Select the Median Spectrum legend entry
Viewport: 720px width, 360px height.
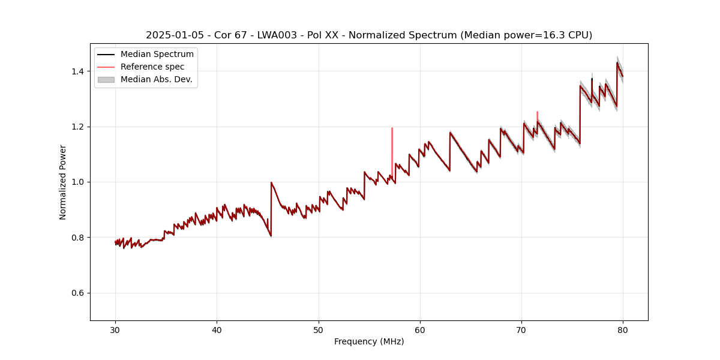click(x=157, y=55)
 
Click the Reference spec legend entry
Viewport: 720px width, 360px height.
click(x=152, y=67)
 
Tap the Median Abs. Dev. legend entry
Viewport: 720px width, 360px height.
click(x=156, y=79)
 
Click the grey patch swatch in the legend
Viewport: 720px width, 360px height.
click(x=106, y=79)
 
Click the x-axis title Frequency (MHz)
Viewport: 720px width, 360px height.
click(x=369, y=342)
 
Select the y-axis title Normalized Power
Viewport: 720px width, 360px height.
click(x=63, y=182)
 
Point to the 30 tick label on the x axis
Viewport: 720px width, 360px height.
click(x=115, y=329)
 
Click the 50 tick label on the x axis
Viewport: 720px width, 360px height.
click(x=318, y=329)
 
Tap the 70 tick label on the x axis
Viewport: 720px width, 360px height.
click(x=521, y=329)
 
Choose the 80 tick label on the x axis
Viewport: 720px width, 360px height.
click(x=623, y=329)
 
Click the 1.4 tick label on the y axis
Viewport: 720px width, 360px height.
click(x=77, y=71)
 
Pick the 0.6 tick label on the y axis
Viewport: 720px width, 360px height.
click(x=77, y=293)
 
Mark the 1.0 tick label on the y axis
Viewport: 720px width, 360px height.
click(x=77, y=182)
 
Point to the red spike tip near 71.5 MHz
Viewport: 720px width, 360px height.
click(x=537, y=113)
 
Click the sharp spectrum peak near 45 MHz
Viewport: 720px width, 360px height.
click(x=271, y=182)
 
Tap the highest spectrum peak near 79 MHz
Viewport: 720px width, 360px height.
click(x=617, y=62)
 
